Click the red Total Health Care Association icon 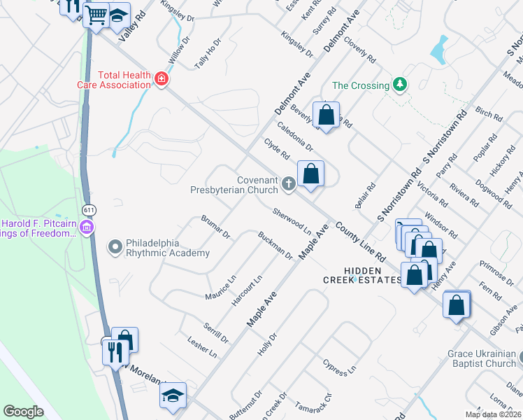pyautogui.click(x=162, y=79)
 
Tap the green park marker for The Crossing pyautogui.click(x=399, y=85)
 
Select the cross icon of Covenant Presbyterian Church pyautogui.click(x=289, y=184)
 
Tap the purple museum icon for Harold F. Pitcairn pyautogui.click(x=87, y=227)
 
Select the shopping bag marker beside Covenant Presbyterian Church pyautogui.click(x=310, y=173)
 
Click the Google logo pyautogui.click(x=23, y=412)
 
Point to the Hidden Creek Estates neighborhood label pyautogui.click(x=361, y=275)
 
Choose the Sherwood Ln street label pyautogui.click(x=292, y=220)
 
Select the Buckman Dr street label pyautogui.click(x=275, y=246)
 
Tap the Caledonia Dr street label pyautogui.click(x=295, y=136)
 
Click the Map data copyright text pyautogui.click(x=494, y=414)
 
